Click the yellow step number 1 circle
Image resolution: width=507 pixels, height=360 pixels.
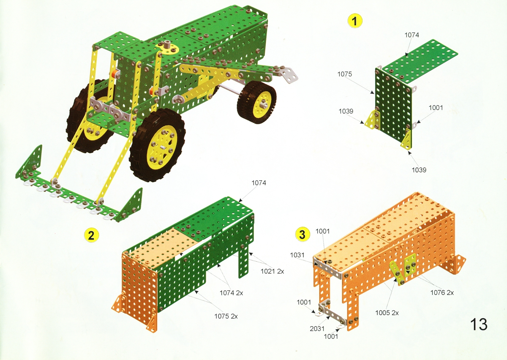click(x=354, y=21)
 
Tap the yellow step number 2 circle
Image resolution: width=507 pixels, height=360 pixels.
click(x=91, y=235)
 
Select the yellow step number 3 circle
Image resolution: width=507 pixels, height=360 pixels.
click(x=303, y=235)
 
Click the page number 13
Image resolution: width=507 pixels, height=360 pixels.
click(x=479, y=324)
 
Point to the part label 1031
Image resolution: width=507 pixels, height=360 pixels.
click(x=297, y=255)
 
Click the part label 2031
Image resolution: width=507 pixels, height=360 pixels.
click(x=317, y=329)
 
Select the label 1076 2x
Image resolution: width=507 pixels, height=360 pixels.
click(x=442, y=292)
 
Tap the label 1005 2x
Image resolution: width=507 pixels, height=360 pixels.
click(x=387, y=313)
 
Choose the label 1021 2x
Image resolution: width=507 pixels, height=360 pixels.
click(x=272, y=271)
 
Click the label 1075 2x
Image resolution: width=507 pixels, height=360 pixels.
click(x=226, y=316)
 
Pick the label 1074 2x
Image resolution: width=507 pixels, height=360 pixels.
click(x=231, y=293)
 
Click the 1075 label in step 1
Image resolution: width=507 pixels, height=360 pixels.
click(x=344, y=74)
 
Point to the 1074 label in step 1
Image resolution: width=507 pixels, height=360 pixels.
click(x=412, y=35)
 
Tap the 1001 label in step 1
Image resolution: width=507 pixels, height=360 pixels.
click(x=436, y=108)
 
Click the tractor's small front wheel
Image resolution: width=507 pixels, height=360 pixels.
click(x=257, y=102)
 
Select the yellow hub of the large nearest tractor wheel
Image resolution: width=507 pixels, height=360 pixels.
click(x=161, y=147)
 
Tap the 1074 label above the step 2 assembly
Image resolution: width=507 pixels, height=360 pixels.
click(x=259, y=183)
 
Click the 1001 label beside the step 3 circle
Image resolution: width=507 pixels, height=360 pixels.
click(x=322, y=231)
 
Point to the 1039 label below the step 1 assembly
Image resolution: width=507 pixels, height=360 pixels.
click(x=419, y=170)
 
